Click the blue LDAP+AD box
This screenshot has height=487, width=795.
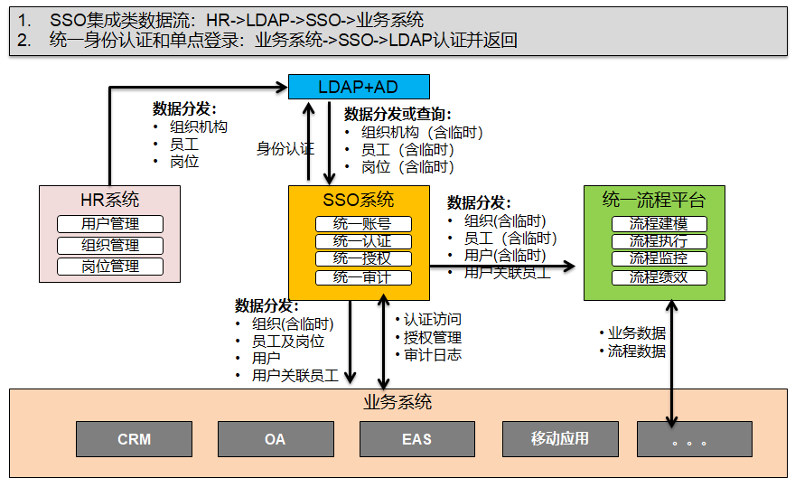pyautogui.click(x=359, y=87)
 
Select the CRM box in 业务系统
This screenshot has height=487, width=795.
pyautogui.click(x=135, y=439)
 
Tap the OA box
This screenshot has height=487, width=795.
pyautogui.click(x=276, y=439)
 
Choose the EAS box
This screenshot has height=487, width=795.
pyautogui.click(x=417, y=439)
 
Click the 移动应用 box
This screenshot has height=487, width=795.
pyautogui.click(x=560, y=439)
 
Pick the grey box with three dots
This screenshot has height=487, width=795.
pyautogui.click(x=695, y=439)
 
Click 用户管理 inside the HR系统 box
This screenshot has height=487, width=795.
pyautogui.click(x=110, y=224)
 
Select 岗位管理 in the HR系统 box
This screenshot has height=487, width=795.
pyautogui.click(x=110, y=267)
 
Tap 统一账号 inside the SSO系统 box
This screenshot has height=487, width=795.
pyautogui.click(x=363, y=224)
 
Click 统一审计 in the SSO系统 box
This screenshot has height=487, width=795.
pyautogui.click(x=363, y=277)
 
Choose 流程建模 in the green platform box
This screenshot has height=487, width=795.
pyautogui.click(x=659, y=224)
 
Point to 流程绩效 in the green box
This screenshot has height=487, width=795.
pyautogui.click(x=659, y=277)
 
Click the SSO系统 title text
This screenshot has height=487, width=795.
pyautogui.click(x=359, y=200)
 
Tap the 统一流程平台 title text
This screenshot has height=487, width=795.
pyautogui.click(x=654, y=200)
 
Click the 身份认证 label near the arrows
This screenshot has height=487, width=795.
pyautogui.click(x=285, y=149)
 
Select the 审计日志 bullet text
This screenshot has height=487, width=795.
pyautogui.click(x=433, y=354)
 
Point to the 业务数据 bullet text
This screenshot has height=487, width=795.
pyautogui.click(x=637, y=332)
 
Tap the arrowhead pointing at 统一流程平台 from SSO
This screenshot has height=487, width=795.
pyautogui.click(x=569, y=266)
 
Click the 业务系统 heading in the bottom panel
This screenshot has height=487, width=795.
pyautogui.click(x=397, y=402)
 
